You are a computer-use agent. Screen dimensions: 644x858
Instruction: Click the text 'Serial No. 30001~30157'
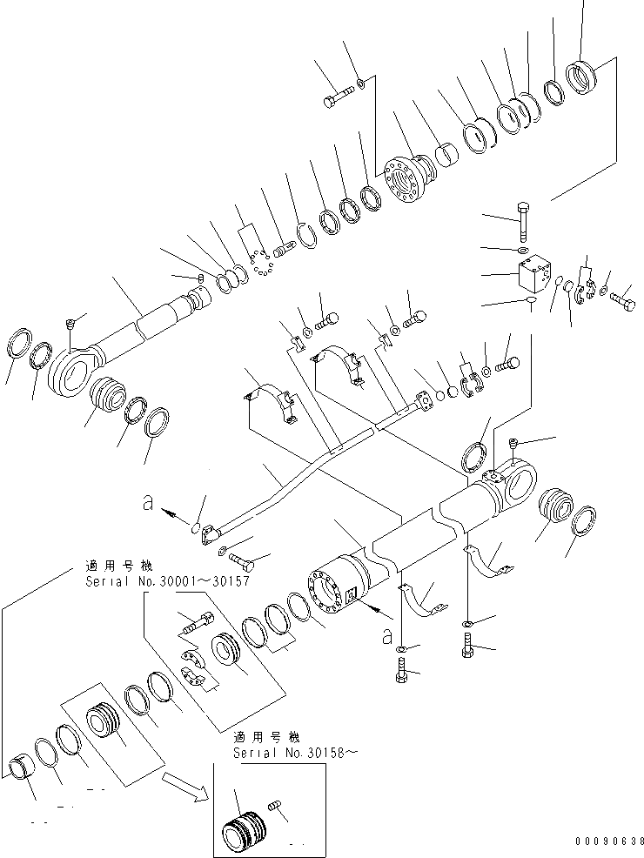(167, 580)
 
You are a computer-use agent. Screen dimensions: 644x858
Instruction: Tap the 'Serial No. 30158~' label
(295, 753)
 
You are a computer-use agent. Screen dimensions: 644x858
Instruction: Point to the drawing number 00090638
(609, 841)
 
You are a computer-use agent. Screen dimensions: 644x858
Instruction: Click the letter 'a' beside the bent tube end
(148, 502)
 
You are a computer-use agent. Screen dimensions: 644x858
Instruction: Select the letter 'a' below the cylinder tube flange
(387, 635)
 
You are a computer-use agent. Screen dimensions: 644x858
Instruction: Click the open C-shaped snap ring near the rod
(306, 236)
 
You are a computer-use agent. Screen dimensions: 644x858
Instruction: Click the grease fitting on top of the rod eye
(70, 325)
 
